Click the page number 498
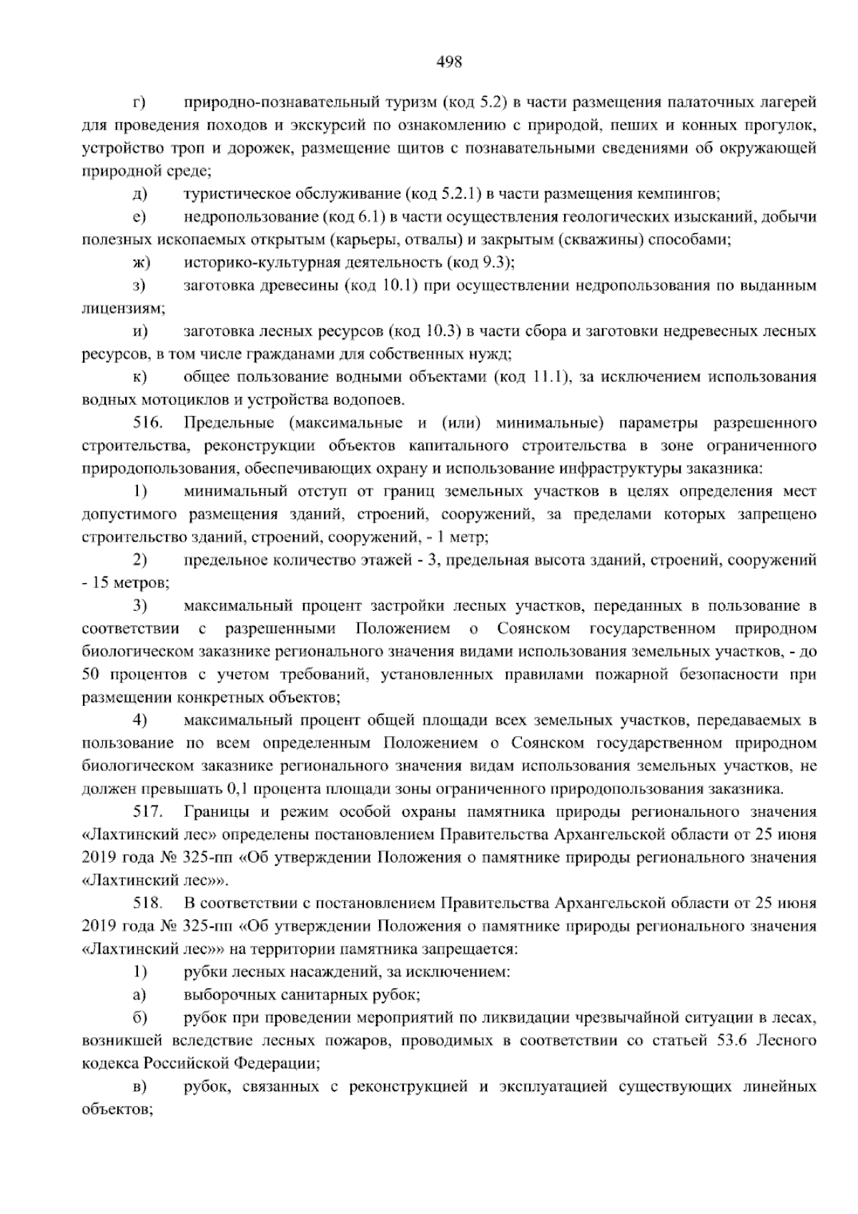(449, 62)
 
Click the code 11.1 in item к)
(550, 377)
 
